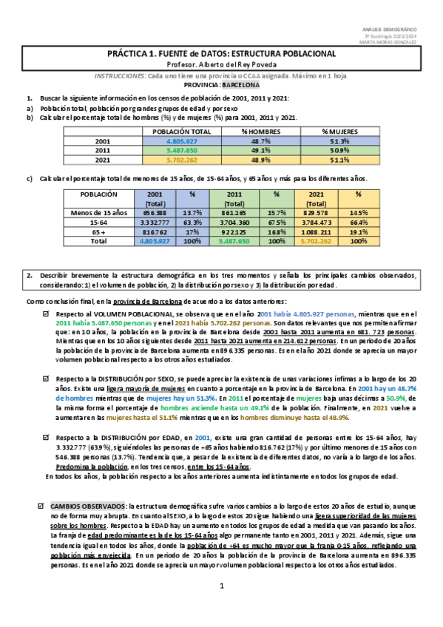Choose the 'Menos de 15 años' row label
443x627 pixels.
click(x=101, y=212)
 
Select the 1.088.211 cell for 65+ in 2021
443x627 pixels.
click(x=316, y=231)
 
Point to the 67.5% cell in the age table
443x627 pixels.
click(x=276, y=221)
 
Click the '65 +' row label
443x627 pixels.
click(x=101, y=231)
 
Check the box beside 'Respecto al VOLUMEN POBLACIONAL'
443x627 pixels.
click(x=46, y=315)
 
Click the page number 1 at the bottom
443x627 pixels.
click(x=221, y=607)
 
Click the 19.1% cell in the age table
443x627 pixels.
click(x=359, y=231)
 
